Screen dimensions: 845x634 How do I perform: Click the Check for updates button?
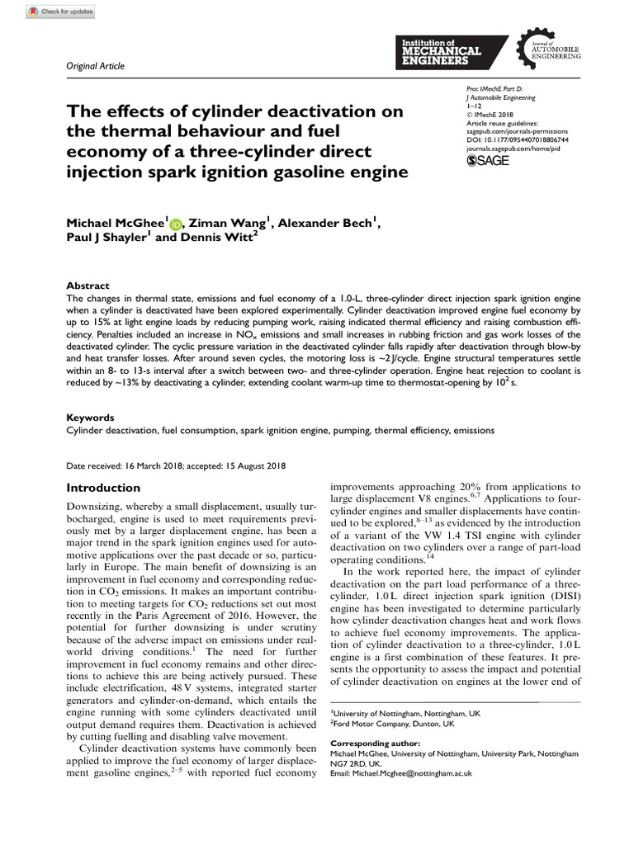[61, 12]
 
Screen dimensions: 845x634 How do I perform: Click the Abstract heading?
[88, 285]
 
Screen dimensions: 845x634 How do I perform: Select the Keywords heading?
[90, 418]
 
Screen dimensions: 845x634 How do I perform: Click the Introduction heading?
[103, 488]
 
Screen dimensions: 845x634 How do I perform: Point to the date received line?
[176, 465]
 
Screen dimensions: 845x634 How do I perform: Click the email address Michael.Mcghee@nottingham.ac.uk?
[400, 773]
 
